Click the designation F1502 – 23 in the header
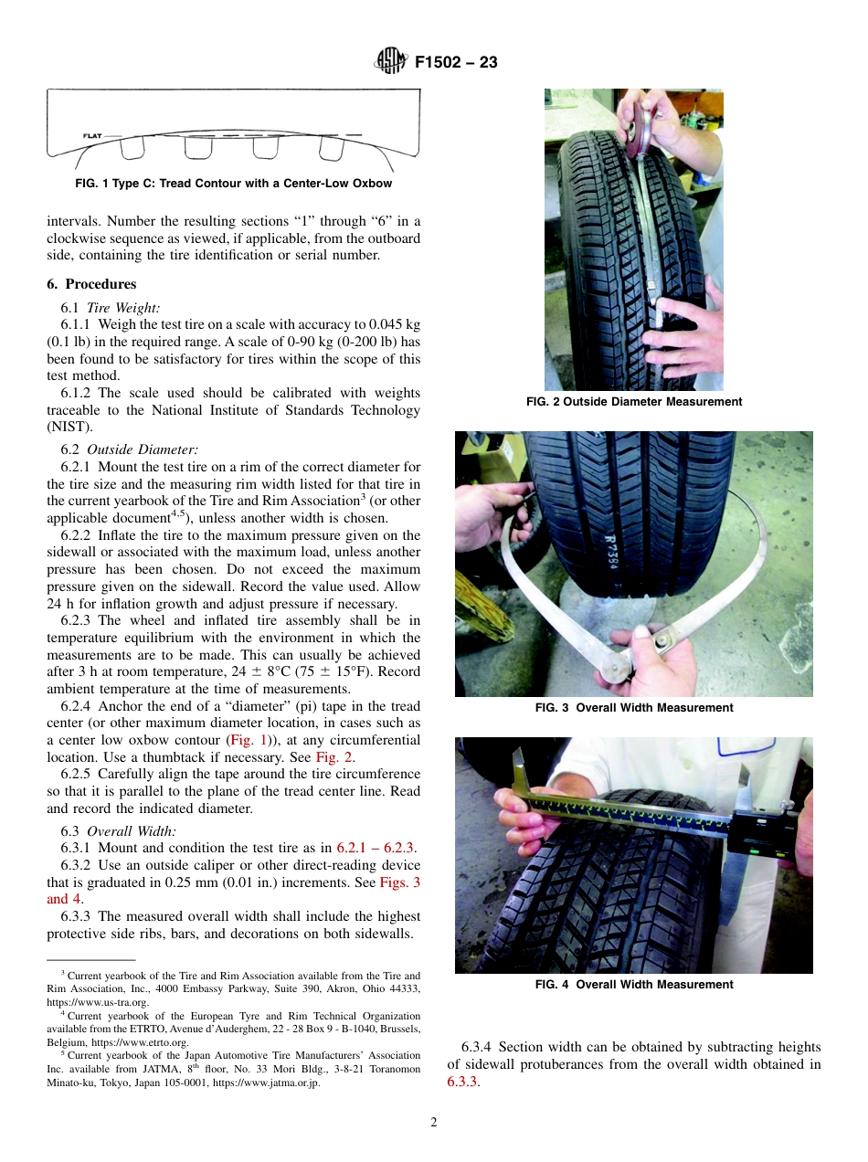tap(456, 63)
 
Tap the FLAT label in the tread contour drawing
tap(91, 136)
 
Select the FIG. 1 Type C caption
tap(233, 184)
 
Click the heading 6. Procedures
tap(91, 284)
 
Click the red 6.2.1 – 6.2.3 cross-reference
tap(376, 849)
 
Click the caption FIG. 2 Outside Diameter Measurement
tap(634, 402)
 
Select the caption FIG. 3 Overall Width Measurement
tap(634, 708)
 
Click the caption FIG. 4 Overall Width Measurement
tap(634, 985)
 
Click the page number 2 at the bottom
tap(434, 1123)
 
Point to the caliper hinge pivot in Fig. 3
tap(659, 643)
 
